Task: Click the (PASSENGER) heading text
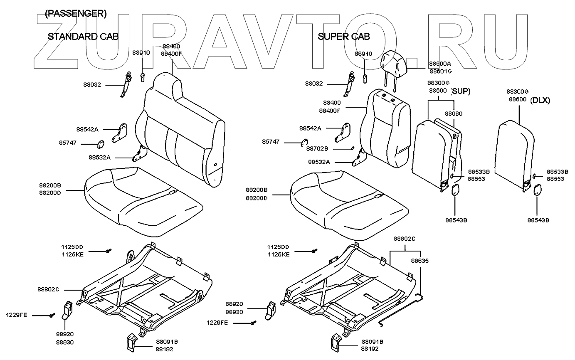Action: pyautogui.click(x=76, y=14)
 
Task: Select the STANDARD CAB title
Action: pyautogui.click(x=83, y=37)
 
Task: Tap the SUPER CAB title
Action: pyautogui.click(x=343, y=37)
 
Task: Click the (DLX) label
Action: pyautogui.click(x=540, y=100)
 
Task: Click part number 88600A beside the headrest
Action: pyautogui.click(x=440, y=64)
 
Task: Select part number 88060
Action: pyautogui.click(x=454, y=113)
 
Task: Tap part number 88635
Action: pyautogui.click(x=420, y=261)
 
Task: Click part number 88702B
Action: pyautogui.click(x=317, y=148)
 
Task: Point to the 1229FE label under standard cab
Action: pyautogui.click(x=16, y=315)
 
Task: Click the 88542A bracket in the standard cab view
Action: pyautogui.click(x=120, y=132)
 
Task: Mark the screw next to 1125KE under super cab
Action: pyautogui.click(x=314, y=251)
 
